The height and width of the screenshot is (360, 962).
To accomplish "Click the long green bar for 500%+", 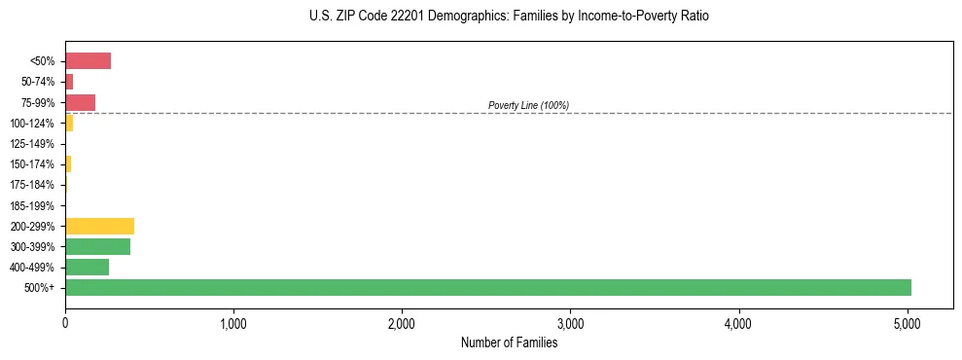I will click(487, 287).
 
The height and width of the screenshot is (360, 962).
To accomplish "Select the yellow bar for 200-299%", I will click(99, 226).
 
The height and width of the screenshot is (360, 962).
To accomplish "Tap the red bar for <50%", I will click(88, 61).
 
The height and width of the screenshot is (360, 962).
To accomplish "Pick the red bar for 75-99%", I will click(80, 102).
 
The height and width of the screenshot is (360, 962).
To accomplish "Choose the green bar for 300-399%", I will click(97, 246).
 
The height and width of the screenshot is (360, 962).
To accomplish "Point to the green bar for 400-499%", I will click(87, 267).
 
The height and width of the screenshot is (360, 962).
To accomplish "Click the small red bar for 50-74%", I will click(69, 82).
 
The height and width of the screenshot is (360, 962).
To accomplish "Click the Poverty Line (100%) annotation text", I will click(528, 105).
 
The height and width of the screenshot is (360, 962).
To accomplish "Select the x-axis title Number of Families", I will click(509, 342).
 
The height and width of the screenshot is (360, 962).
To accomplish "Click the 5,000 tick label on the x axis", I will click(907, 324).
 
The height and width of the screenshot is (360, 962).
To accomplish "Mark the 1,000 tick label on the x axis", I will click(233, 324).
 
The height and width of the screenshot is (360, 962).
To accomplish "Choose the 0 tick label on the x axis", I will click(65, 324).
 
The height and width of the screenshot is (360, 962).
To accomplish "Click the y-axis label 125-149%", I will click(32, 144).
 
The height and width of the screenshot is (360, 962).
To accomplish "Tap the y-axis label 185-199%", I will click(32, 205).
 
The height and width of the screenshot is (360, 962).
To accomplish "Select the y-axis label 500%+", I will click(40, 288).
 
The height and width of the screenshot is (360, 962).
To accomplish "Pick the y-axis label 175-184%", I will click(32, 185).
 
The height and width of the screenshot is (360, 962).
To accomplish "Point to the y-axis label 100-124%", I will click(32, 124).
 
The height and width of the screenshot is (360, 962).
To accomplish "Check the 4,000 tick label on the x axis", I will click(738, 324).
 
